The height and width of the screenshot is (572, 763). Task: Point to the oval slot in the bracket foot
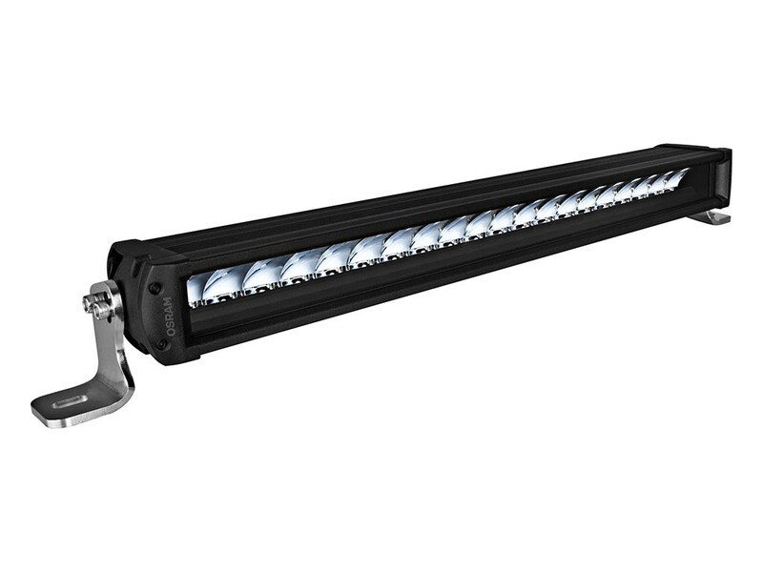(x=72, y=400)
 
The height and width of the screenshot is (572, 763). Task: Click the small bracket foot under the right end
(x=711, y=217)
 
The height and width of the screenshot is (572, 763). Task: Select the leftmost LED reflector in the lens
(x=212, y=284)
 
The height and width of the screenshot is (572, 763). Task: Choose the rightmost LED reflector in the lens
(x=676, y=177)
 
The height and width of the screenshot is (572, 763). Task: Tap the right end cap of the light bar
(x=720, y=176)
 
